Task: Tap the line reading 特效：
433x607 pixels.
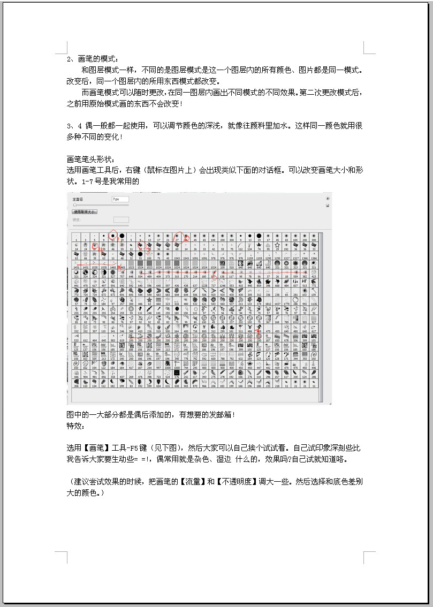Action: (75, 426)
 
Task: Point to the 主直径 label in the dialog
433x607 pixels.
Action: (78, 199)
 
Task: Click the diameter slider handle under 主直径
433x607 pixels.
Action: (75, 205)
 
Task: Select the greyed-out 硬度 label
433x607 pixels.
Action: (77, 219)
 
